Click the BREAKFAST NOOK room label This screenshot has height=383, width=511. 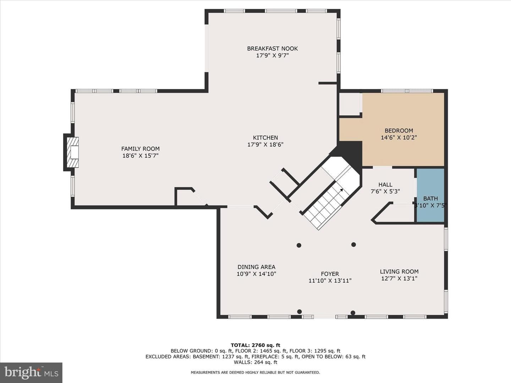pos(273,49)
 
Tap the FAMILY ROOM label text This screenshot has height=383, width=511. pos(141,149)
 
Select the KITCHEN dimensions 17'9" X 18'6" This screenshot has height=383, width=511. pos(265,145)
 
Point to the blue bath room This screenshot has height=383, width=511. pos(430,195)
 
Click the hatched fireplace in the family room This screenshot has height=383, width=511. pos(73,152)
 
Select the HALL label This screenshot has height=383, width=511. pos(385,185)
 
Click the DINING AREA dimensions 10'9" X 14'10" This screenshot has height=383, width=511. pos(256,274)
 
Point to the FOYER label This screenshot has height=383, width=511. pos(330,274)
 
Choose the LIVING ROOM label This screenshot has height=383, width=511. pos(399,272)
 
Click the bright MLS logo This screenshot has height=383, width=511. pos(31,373)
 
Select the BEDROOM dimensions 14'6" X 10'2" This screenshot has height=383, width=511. pos(399,138)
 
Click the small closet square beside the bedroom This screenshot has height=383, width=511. pos(350,104)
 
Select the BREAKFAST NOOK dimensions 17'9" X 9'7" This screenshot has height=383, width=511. pos(273,56)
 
